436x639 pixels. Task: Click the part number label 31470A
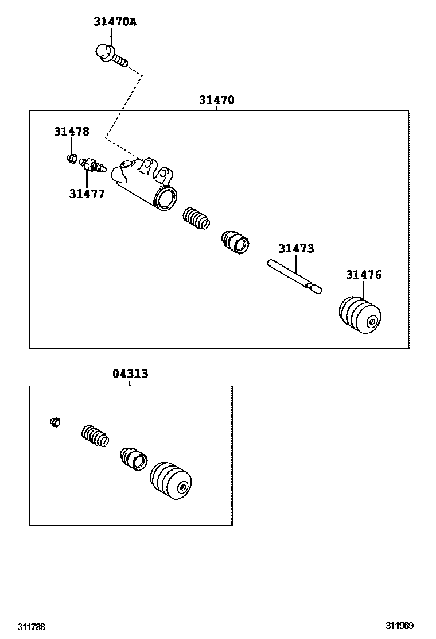coord(115,22)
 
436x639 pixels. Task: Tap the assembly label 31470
coord(216,100)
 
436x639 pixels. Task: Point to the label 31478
coord(72,132)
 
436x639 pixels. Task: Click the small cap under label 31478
coord(72,158)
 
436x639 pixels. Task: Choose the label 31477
coord(87,194)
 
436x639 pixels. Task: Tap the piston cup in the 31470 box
coord(235,241)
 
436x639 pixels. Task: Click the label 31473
coord(296,249)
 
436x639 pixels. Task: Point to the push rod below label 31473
coord(294,276)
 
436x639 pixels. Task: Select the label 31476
coord(363,275)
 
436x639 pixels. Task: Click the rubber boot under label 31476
coord(359,315)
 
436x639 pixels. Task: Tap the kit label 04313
coord(130,374)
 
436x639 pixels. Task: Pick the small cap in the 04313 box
coord(56,422)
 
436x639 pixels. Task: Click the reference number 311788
coord(31,626)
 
